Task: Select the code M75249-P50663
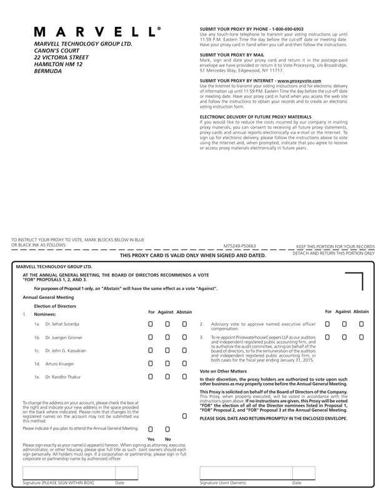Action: (x=240, y=246)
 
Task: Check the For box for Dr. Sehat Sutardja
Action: (x=150, y=324)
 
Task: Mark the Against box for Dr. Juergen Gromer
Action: (x=167, y=337)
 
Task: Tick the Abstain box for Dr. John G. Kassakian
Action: (x=184, y=351)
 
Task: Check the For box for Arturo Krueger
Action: (x=150, y=364)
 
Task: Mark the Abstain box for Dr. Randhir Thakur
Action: (x=184, y=377)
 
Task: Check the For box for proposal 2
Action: (x=327, y=324)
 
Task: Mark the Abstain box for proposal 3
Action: (x=361, y=337)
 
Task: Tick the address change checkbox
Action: (x=184, y=416)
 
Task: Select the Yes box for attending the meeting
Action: (x=150, y=429)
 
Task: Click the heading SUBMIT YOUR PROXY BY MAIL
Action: (x=232, y=55)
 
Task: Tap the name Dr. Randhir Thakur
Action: (x=64, y=377)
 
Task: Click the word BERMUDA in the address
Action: (x=48, y=71)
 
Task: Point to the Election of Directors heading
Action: (x=55, y=306)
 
